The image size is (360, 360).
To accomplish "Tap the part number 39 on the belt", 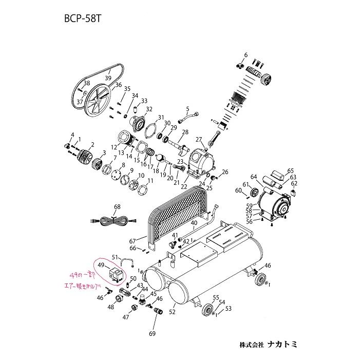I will click(x=108, y=78).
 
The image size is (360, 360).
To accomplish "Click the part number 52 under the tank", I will click(x=172, y=311).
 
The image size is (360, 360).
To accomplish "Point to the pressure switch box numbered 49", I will click(x=117, y=272).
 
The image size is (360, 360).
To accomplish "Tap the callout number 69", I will click(x=151, y=334).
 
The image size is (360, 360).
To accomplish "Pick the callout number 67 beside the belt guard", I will click(x=132, y=241).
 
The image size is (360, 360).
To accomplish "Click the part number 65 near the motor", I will click(x=290, y=171).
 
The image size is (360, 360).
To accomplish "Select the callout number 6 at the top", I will click(x=245, y=55).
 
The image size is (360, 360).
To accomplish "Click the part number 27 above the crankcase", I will click(x=199, y=139).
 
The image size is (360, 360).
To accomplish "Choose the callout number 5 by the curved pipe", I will click(x=188, y=108).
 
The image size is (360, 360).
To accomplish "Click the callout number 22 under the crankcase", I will click(x=184, y=187).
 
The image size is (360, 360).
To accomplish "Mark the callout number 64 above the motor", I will click(x=254, y=177).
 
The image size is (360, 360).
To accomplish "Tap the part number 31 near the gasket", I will click(x=160, y=118).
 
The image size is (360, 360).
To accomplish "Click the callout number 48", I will click(x=110, y=308).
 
